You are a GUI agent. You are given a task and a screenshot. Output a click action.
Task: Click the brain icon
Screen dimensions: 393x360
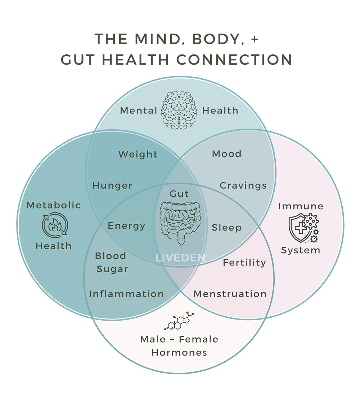tap(179, 110)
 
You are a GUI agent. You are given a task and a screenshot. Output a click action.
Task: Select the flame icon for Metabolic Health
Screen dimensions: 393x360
tap(55, 225)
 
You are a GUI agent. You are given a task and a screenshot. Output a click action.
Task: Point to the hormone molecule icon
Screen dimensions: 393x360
tap(179, 321)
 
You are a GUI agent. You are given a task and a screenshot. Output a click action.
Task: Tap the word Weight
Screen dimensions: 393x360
tap(138, 155)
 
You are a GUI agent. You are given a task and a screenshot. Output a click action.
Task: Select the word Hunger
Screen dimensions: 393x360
tap(112, 186)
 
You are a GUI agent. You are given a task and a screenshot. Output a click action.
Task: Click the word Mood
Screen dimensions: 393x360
tap(227, 154)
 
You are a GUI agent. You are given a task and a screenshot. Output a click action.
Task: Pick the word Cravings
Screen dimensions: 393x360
tap(243, 186)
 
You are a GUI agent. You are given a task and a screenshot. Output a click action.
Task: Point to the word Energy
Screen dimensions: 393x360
tap(126, 226)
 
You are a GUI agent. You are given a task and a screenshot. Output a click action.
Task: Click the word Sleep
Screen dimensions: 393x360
tap(226, 228)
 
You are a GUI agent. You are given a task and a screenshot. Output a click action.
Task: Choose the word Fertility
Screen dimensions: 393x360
tap(244, 263)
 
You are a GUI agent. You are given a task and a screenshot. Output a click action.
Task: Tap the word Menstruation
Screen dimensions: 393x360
tap(230, 294)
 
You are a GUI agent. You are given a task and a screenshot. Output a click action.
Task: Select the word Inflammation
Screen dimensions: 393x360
tap(126, 294)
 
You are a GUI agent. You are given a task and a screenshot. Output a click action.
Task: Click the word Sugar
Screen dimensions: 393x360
tap(112, 269)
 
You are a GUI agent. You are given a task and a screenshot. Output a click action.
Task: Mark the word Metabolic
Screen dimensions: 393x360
tap(54, 205)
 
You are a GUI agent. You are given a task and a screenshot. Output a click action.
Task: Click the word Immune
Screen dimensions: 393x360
tap(301, 206)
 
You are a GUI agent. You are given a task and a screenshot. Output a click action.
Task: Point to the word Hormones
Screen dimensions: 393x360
tap(179, 352)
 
